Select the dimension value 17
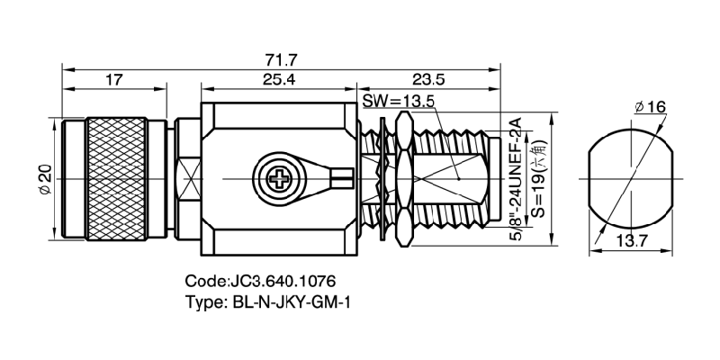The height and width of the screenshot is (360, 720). click(113, 81)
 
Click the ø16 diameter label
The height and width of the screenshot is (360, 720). click(649, 107)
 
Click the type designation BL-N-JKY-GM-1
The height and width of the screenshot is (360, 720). click(284, 302)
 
